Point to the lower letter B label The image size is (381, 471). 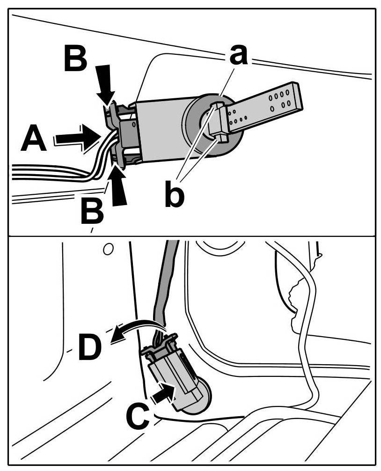point(92,212)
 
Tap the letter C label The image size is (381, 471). point(139,416)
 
